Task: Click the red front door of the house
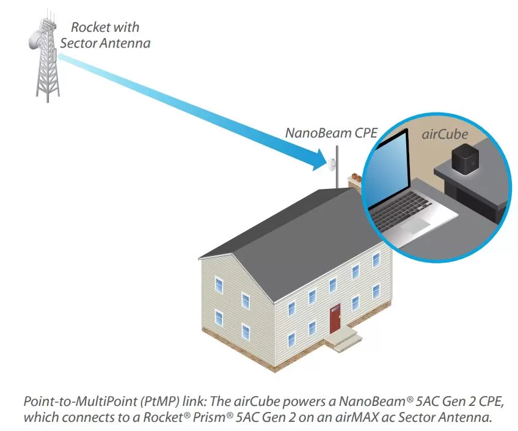pyautogui.click(x=335, y=319)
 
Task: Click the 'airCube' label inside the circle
pyautogui.click(x=445, y=134)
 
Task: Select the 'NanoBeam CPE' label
pyautogui.click(x=331, y=133)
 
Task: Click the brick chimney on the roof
pyautogui.click(x=354, y=181)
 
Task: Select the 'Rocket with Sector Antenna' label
pyautogui.click(x=105, y=35)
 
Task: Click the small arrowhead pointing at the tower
pyautogui.click(x=62, y=57)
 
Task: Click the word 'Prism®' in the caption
pyautogui.click(x=213, y=417)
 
